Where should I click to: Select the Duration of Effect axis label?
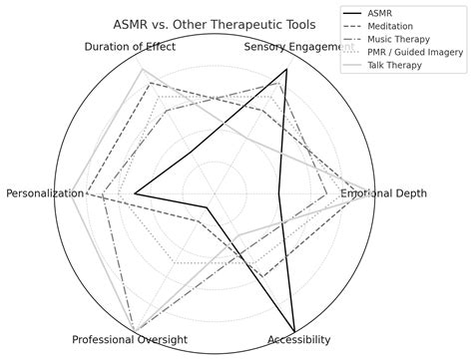pyautogui.click(x=130, y=47)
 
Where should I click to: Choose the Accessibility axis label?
pyautogui.click(x=298, y=340)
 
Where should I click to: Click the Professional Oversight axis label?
pyautogui.click(x=130, y=340)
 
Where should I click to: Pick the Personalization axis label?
pyautogui.click(x=44, y=192)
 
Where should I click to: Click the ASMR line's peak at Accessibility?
pyautogui.click(x=295, y=331)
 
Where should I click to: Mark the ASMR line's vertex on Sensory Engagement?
pyautogui.click(x=286, y=70)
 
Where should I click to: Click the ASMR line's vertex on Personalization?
pyautogui.click(x=134, y=192)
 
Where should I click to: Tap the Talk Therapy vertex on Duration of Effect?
pyautogui.click(x=142, y=69)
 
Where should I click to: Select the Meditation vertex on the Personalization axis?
pyautogui.click(x=87, y=192)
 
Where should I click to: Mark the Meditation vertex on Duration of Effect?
pyautogui.click(x=150, y=83)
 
